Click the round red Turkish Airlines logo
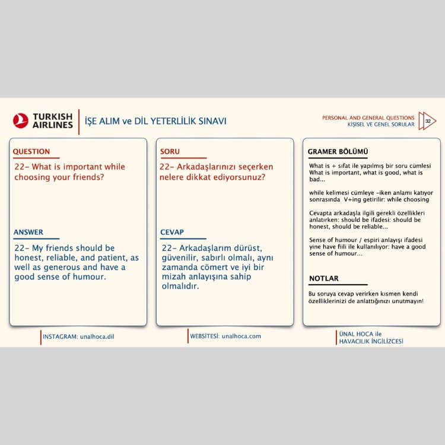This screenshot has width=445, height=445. [x=20, y=120]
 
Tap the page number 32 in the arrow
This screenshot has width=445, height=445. [x=428, y=121]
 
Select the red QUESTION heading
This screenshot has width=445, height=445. [x=31, y=151]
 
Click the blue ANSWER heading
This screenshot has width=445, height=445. [x=28, y=232]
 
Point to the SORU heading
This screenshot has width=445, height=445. [x=170, y=151]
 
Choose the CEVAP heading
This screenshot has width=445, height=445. [x=172, y=232]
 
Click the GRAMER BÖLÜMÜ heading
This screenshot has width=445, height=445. [x=338, y=151]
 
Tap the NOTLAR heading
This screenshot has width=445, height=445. [x=324, y=278]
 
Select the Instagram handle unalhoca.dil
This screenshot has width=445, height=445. [x=97, y=336]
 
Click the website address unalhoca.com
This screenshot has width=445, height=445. [x=241, y=336]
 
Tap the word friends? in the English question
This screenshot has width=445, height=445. [x=88, y=177]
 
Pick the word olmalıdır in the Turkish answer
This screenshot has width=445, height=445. [x=180, y=286]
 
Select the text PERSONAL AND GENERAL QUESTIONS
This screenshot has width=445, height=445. [x=368, y=118]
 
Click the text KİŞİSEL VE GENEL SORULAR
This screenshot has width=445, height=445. [x=381, y=125]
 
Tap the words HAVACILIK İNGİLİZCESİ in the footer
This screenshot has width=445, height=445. [x=371, y=341]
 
